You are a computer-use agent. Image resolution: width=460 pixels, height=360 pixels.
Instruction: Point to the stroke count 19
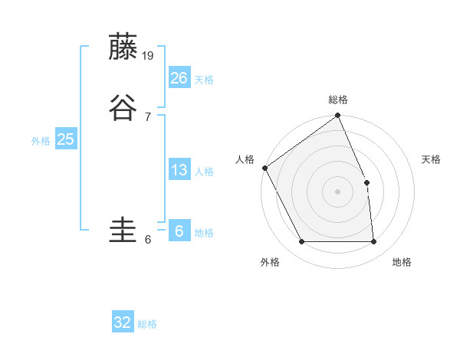(x=149, y=55)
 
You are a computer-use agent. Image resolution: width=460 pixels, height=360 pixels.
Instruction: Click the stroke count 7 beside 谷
(x=147, y=116)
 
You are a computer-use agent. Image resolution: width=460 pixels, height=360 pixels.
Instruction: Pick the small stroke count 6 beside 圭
(x=147, y=240)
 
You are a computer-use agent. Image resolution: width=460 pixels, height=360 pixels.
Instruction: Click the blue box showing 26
(x=179, y=77)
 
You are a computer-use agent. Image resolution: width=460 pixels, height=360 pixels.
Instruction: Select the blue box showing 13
(x=179, y=170)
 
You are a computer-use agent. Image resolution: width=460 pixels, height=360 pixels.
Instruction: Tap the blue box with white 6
(x=179, y=231)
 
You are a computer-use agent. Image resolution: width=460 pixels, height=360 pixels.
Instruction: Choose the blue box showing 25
(x=65, y=139)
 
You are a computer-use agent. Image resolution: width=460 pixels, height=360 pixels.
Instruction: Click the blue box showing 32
(x=123, y=322)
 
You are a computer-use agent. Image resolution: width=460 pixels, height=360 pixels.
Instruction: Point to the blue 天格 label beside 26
(x=204, y=80)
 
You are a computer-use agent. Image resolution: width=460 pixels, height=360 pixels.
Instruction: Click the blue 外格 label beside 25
(x=41, y=141)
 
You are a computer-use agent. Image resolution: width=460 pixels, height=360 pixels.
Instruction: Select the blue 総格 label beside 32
(x=147, y=325)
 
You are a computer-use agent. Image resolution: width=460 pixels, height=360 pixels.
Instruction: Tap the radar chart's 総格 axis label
(x=338, y=100)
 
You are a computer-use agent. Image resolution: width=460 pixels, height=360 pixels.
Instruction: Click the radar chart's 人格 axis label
(x=245, y=159)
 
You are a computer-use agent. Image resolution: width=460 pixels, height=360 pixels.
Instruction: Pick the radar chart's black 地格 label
(x=402, y=263)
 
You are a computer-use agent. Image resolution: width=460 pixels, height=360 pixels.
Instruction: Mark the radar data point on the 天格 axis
(x=366, y=182)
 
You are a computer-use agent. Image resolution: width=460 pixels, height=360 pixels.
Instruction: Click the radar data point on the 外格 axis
(x=301, y=242)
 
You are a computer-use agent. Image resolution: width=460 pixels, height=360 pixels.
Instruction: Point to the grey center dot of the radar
(x=338, y=191)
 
